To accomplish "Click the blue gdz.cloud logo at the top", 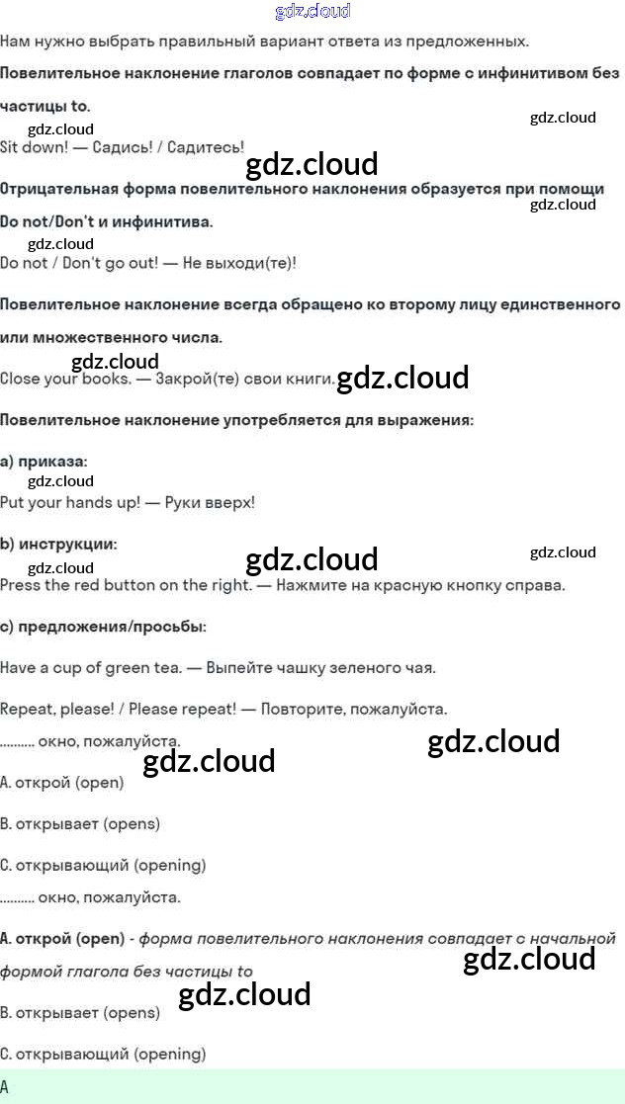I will (x=312, y=12).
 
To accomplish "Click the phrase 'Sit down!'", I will (x=34, y=147).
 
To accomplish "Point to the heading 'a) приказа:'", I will (x=44, y=462).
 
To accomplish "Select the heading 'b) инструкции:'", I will (x=58, y=545).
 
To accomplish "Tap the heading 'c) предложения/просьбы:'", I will (x=103, y=627).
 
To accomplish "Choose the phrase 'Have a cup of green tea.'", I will (x=90, y=667).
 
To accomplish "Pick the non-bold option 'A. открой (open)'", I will (x=62, y=782).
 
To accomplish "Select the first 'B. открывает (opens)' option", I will (x=80, y=823).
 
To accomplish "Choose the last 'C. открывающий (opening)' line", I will (x=103, y=1054).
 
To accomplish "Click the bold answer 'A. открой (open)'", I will (x=62, y=938).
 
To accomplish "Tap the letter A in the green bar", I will (x=6, y=1086).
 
